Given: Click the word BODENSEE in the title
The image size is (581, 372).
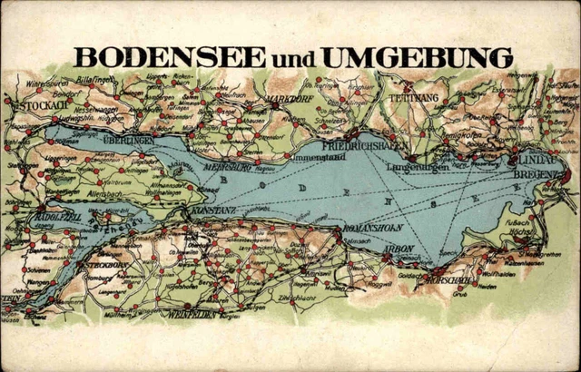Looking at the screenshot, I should (171, 57).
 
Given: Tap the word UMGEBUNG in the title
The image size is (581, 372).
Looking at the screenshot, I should (418, 57).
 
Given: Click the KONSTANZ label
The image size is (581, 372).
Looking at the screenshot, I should (213, 210).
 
